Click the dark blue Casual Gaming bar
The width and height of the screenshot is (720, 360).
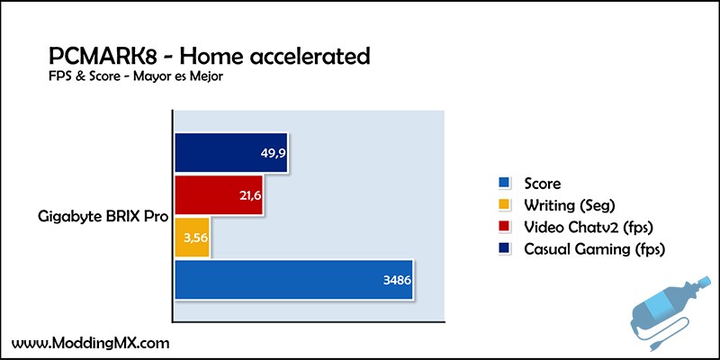[x=231, y=153]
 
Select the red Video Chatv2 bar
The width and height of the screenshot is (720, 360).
[x=219, y=195]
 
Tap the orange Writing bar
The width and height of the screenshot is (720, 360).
[x=193, y=238]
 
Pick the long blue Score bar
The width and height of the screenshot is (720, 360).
[x=294, y=280]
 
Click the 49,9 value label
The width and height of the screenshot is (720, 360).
[x=274, y=153]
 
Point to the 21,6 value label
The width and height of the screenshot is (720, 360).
[x=250, y=196]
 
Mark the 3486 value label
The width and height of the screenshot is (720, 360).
[x=397, y=280]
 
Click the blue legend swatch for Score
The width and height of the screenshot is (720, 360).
[x=504, y=184]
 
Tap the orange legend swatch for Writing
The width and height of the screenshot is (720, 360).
[x=504, y=205]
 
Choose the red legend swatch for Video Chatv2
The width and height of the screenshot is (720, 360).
[x=504, y=228]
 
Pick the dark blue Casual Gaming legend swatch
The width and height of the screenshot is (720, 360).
[x=504, y=249]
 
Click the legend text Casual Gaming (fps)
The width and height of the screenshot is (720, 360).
[x=595, y=250]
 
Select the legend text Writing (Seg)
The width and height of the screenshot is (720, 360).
[x=570, y=206]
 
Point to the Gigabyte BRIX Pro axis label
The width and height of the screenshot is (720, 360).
[x=103, y=217]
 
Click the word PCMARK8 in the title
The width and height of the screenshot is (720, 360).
[x=104, y=57]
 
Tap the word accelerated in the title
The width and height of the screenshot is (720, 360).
[x=300, y=57]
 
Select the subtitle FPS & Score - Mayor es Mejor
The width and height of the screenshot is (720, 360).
[x=136, y=76]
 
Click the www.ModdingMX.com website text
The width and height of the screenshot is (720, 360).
[x=91, y=343]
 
